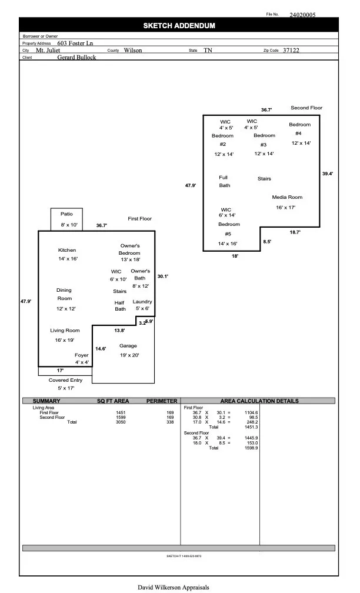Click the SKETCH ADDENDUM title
pos(179,26)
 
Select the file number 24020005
pos(302,15)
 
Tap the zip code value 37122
pos(291,51)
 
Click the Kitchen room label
pos(67,250)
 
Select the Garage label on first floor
pos(128,346)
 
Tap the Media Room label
pos(287,197)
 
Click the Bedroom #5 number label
pos(228,234)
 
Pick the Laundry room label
pos(142,301)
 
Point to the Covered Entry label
pos(65,381)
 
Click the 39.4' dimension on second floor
pos(328,174)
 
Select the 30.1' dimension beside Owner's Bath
pos(163,276)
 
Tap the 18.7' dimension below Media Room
pos(295,232)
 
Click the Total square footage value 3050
pos(121,422)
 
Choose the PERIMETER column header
pos(161,401)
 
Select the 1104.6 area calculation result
pos(251,412)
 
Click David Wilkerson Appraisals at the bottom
pos(174,587)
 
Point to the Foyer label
pos(81,355)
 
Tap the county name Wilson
pos(133,51)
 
